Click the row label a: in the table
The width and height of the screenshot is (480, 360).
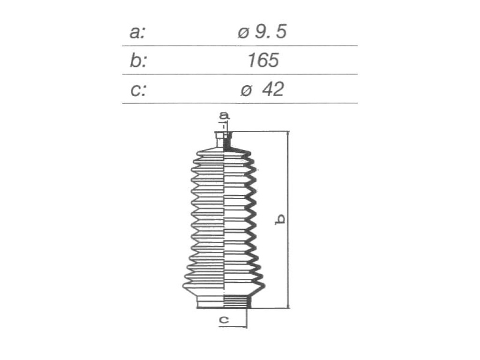[x=137, y=32]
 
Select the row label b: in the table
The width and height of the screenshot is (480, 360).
[x=138, y=60]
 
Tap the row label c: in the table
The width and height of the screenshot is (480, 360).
[x=138, y=90]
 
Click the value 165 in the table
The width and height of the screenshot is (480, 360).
[x=263, y=60]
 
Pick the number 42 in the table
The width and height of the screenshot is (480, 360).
[x=273, y=89]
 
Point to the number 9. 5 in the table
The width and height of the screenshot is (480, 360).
[x=271, y=31]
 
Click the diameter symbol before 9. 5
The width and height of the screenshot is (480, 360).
[x=243, y=33]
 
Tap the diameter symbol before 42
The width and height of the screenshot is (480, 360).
[x=246, y=90]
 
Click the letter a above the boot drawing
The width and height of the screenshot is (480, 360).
[x=224, y=116]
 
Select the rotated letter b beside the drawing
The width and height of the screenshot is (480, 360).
[x=280, y=219]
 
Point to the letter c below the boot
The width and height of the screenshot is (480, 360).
[x=224, y=320]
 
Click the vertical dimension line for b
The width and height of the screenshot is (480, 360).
[x=288, y=219]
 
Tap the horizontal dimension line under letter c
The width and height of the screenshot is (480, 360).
[x=232, y=327]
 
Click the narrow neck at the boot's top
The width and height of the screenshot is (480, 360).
[x=224, y=140]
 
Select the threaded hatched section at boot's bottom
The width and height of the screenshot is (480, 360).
[x=237, y=302]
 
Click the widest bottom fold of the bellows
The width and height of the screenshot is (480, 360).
[x=224, y=286]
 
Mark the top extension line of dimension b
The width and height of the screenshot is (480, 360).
[x=260, y=132]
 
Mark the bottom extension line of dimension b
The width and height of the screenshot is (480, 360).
[x=270, y=307]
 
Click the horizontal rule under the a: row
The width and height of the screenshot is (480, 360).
[x=240, y=45]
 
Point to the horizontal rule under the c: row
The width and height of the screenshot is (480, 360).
[x=240, y=103]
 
